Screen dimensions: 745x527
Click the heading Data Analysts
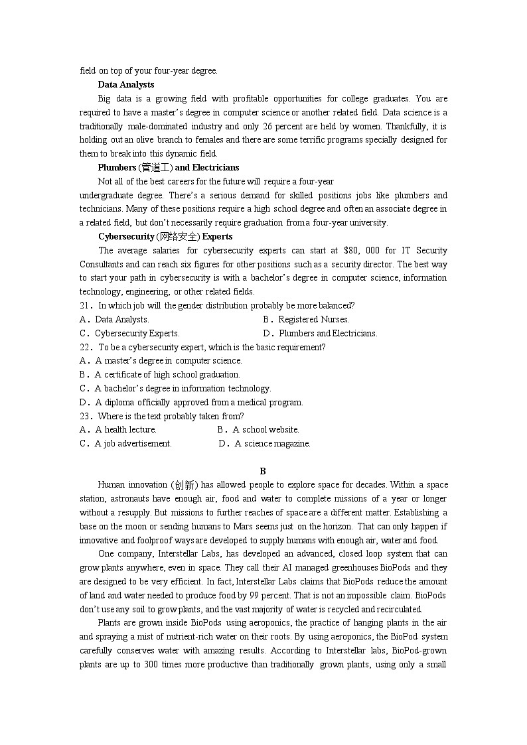126,84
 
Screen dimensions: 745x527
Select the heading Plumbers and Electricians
169,167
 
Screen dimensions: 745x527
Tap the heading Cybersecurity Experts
165,236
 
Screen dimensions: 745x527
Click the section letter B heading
263,471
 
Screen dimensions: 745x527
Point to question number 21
85,305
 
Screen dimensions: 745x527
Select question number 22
85,347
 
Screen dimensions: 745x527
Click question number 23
85,416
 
